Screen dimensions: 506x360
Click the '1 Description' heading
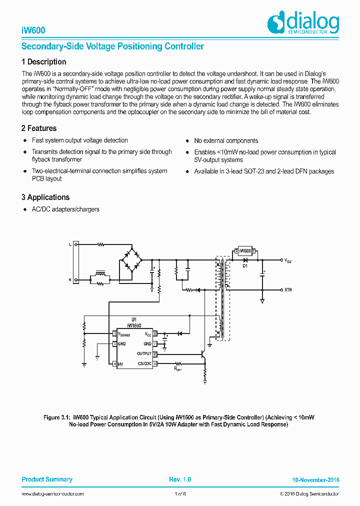tap(44, 62)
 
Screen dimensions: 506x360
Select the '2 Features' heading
tap(39, 128)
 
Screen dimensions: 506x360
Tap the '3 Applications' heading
tap(45, 197)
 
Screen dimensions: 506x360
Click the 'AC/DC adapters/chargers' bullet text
tap(65, 209)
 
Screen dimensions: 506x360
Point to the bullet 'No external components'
tap(226, 141)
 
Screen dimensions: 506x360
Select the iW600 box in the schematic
tap(245, 250)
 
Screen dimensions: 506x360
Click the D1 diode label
tap(245, 266)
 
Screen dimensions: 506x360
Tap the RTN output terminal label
tap(288, 290)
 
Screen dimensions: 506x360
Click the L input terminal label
tap(70, 244)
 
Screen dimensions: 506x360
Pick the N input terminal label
tap(70, 280)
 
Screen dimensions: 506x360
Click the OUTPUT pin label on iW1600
tap(144, 354)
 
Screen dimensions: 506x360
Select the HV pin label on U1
tap(120, 363)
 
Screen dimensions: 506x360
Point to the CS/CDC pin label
tap(144, 363)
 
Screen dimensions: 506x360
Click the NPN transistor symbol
tap(203, 354)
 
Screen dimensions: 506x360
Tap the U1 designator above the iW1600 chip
tap(133, 319)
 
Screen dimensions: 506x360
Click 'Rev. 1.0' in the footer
tap(180, 479)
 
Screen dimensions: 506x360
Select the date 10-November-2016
tap(315, 480)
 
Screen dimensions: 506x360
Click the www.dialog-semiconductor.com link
tap(52, 494)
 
